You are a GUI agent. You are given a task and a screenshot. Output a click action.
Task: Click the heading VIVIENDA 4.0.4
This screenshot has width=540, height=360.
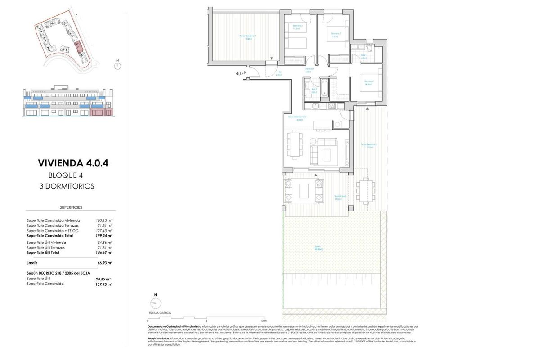pyautogui.click(x=73, y=163)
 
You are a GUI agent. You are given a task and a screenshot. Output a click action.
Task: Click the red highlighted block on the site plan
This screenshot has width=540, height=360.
pyautogui.click(x=78, y=45)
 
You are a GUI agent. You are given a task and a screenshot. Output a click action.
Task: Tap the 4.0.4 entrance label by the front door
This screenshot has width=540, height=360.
pyautogui.click(x=240, y=73)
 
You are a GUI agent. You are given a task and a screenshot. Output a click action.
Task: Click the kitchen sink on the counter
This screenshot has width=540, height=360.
pyautogui.click(x=315, y=106)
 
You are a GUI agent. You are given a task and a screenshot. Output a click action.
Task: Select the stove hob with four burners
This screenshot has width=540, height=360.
pyautogui.click(x=332, y=106)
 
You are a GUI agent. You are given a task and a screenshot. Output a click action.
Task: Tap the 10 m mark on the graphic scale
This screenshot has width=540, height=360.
pyautogui.click(x=264, y=320)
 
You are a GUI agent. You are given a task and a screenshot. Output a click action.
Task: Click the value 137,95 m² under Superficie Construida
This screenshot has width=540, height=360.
pyautogui.click(x=103, y=284)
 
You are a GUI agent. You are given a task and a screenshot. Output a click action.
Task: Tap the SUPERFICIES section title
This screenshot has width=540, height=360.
pyautogui.click(x=71, y=207)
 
